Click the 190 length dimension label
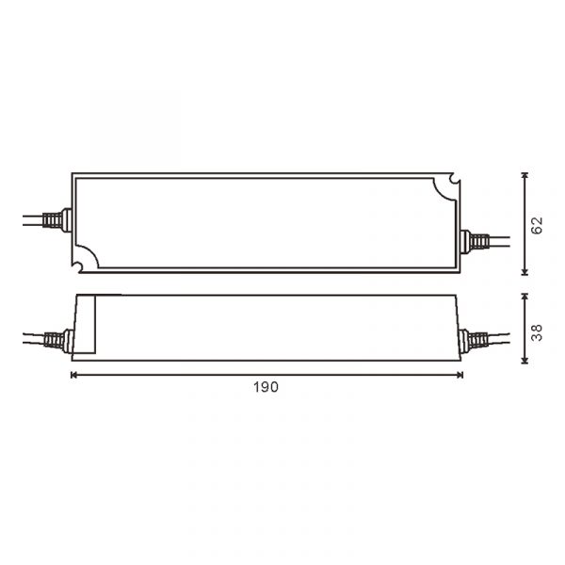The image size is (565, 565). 266,387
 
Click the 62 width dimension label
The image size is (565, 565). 537,225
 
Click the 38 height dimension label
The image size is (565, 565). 537,332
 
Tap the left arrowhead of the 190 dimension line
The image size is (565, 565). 74,375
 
